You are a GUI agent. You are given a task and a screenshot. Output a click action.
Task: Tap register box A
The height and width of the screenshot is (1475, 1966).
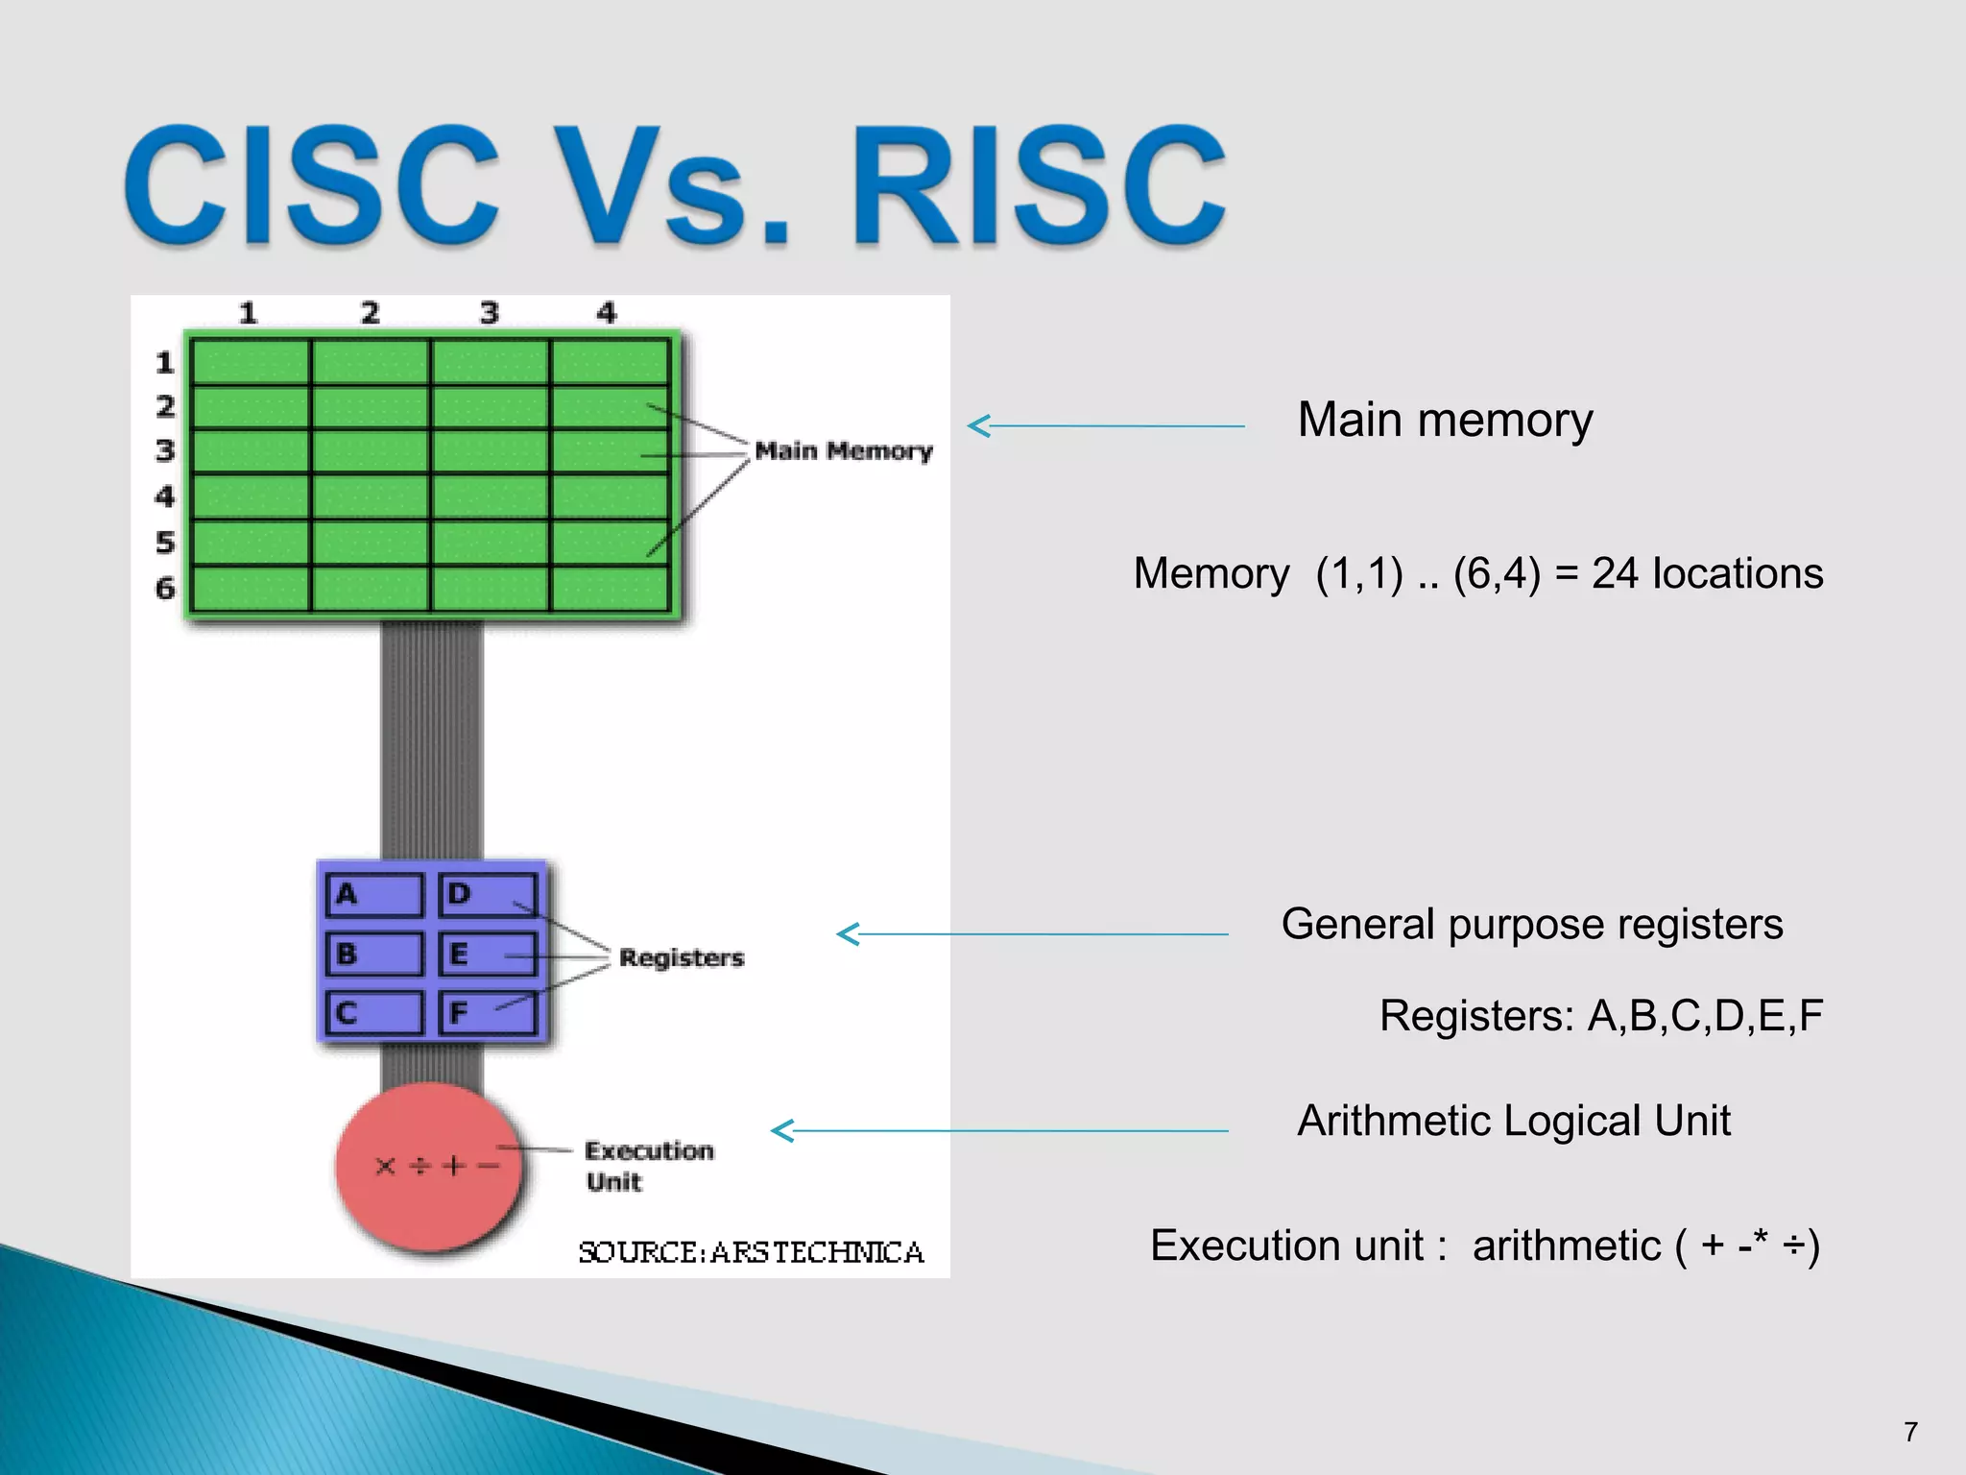pyautogui.click(x=373, y=895)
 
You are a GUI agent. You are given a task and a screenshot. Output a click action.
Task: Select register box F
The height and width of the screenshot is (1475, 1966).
pyautogui.click(x=487, y=1013)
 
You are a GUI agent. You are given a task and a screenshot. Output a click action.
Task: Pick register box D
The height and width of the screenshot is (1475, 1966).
pyautogui.click(x=487, y=895)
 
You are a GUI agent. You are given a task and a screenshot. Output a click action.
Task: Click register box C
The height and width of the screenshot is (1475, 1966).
pyautogui.click(x=373, y=1013)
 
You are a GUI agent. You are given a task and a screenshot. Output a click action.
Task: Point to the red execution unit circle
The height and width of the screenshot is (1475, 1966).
pyautogui.click(x=429, y=1167)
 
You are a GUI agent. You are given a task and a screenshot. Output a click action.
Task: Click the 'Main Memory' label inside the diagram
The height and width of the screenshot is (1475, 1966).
pyautogui.click(x=843, y=451)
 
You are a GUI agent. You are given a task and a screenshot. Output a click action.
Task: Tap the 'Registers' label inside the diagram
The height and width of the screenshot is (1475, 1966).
pyautogui.click(x=681, y=957)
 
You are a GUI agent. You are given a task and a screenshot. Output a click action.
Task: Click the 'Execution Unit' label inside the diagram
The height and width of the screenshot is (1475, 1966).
pyautogui.click(x=648, y=1165)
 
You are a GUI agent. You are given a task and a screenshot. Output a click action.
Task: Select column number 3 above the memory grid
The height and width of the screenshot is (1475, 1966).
pyautogui.click(x=490, y=313)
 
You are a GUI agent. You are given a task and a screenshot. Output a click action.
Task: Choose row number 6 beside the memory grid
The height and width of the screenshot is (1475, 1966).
pyautogui.click(x=165, y=588)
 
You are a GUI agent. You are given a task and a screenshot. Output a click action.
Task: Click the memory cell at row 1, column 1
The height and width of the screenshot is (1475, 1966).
pyautogui.click(x=250, y=362)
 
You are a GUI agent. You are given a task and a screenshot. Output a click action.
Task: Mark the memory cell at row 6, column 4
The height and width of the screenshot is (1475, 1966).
pyautogui.click(x=610, y=588)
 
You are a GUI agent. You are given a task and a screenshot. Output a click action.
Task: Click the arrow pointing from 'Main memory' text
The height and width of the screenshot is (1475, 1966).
pyautogui.click(x=1104, y=425)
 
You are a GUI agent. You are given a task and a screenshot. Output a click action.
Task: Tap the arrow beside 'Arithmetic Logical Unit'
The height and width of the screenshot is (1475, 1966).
pyautogui.click(x=998, y=1130)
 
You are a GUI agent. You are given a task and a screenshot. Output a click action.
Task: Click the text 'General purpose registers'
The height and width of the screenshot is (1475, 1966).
pyautogui.click(x=1532, y=924)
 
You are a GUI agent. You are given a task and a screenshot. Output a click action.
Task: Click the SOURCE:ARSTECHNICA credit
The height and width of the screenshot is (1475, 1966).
pyautogui.click(x=751, y=1252)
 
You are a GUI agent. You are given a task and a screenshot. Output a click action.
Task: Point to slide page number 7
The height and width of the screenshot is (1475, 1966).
pyautogui.click(x=1910, y=1432)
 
